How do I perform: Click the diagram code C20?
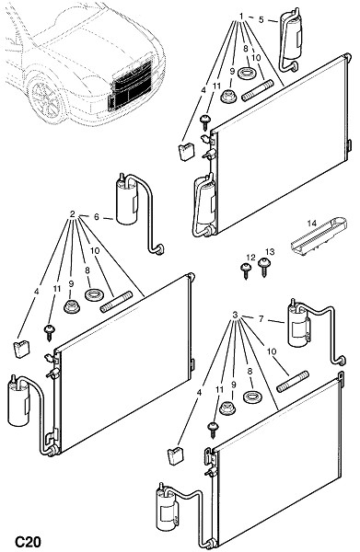tap(28, 542)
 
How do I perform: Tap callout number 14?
tap(311, 223)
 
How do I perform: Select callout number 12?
tap(250, 258)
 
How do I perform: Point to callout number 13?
tap(270, 252)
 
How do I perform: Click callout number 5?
tap(261, 19)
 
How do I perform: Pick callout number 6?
tap(97, 217)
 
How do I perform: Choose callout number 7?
tap(261, 319)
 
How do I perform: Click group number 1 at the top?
tap(241, 17)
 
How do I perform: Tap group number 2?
tap(73, 214)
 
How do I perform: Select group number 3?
tap(236, 315)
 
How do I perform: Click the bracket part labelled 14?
tap(319, 236)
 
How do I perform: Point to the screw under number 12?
tap(246, 271)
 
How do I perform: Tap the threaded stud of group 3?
tap(293, 382)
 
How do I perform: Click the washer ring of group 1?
tap(248, 73)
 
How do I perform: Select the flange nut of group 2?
tap(72, 306)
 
